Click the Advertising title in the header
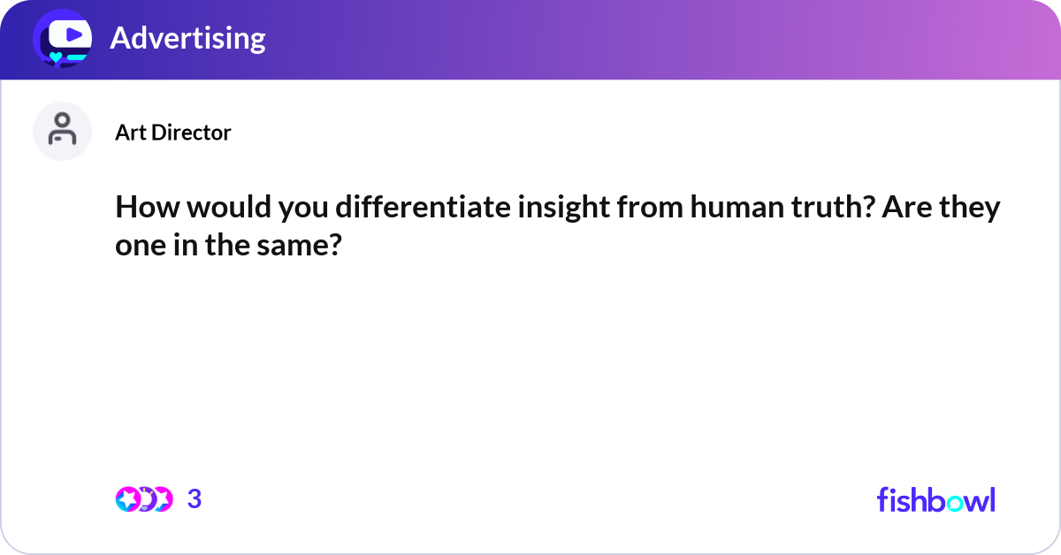coord(187,38)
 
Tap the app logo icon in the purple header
coord(61,38)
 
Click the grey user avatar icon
coord(62,132)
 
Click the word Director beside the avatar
coord(190,133)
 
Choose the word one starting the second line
coord(135,247)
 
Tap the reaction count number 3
coord(195,499)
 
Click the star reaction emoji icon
coord(126,499)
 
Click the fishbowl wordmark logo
coord(935,499)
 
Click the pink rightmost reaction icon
coord(162,499)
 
